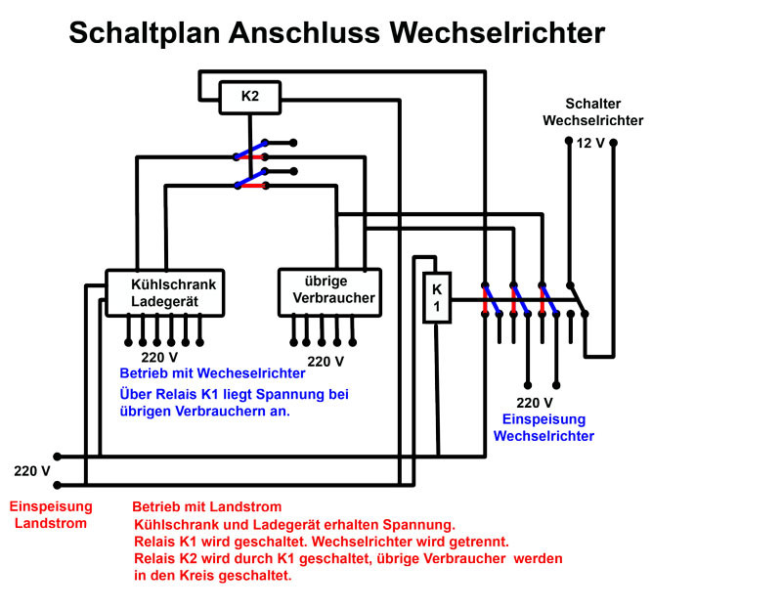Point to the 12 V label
(x=590, y=144)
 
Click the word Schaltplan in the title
(x=144, y=33)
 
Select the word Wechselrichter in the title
(x=498, y=33)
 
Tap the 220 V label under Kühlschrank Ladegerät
(x=159, y=358)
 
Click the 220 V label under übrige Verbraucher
(x=326, y=362)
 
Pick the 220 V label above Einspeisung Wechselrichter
(x=535, y=403)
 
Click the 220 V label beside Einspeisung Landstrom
(x=32, y=471)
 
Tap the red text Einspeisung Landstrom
(x=51, y=515)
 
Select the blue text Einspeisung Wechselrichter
(x=543, y=427)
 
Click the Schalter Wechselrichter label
(x=593, y=112)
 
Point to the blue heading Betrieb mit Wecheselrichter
(x=212, y=373)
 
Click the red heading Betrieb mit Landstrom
(x=207, y=506)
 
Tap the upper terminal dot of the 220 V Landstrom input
(x=58, y=457)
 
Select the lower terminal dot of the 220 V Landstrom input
(x=58, y=485)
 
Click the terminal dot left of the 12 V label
(x=569, y=141)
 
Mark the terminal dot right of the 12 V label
(x=614, y=143)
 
